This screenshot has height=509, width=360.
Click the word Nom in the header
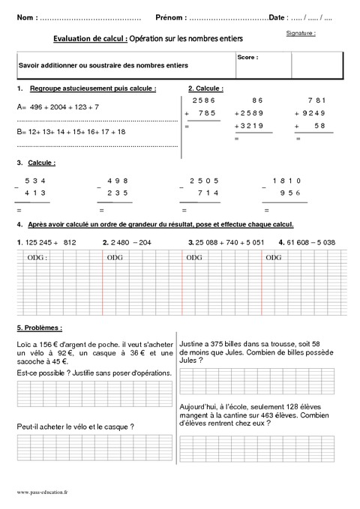(23, 16)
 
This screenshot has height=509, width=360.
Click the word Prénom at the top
(171, 16)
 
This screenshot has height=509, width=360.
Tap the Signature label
(300, 34)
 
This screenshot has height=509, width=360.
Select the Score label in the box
(247, 57)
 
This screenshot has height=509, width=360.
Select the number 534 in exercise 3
(35, 181)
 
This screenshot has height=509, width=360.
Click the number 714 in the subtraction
(206, 192)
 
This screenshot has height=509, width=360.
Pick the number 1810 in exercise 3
(287, 181)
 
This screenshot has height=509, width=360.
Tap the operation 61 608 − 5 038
(308, 242)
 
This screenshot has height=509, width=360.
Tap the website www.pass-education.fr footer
(42, 492)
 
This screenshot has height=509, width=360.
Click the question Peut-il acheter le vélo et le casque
(75, 427)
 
